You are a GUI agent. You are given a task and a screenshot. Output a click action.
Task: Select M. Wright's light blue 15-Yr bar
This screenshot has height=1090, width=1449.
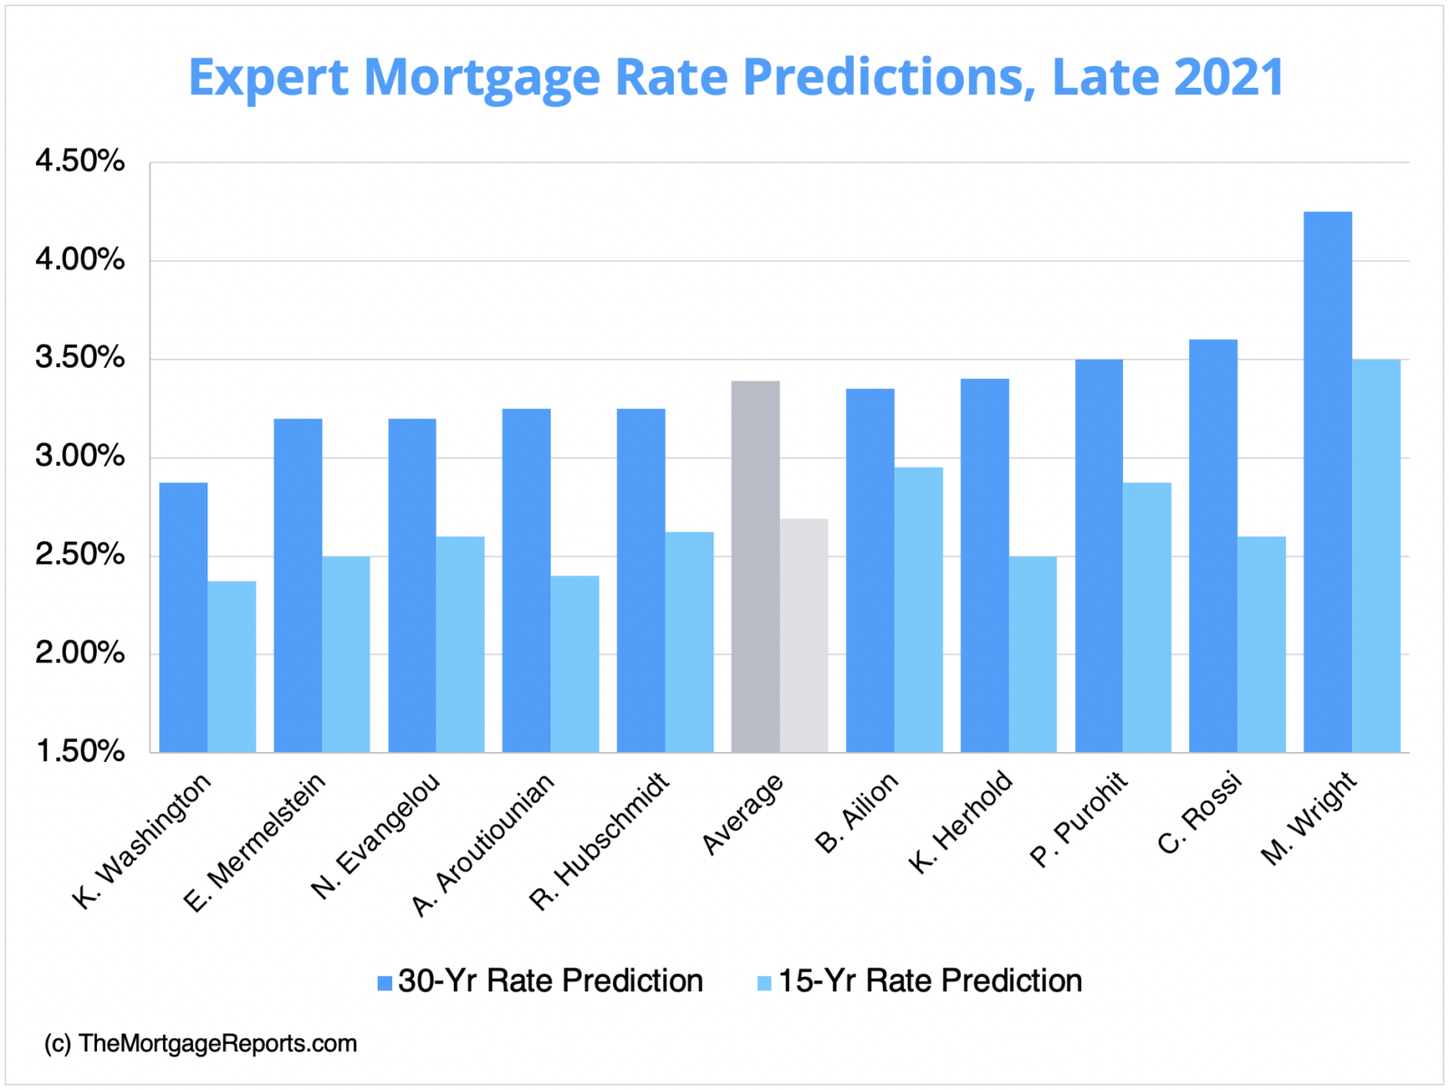[x=1377, y=555]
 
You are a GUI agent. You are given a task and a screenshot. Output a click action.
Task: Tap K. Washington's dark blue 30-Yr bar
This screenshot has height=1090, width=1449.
[x=183, y=617]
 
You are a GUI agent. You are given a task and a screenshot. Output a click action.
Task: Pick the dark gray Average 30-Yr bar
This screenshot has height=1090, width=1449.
[x=755, y=566]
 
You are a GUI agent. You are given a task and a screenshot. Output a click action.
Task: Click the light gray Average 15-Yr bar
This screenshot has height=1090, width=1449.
[x=804, y=635]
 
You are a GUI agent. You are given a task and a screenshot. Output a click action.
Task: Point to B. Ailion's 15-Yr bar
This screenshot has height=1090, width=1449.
[x=918, y=610]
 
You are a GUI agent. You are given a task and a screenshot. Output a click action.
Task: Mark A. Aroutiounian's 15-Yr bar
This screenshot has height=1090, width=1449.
[x=575, y=664]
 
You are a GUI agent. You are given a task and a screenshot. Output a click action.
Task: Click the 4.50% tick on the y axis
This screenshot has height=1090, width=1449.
[x=80, y=161]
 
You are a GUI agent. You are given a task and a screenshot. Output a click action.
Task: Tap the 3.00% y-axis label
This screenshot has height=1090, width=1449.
[x=80, y=456]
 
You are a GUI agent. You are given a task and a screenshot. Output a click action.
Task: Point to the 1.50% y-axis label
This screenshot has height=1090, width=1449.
[x=80, y=751]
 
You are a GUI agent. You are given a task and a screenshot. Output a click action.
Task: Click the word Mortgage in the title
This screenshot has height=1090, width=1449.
[x=482, y=78]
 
